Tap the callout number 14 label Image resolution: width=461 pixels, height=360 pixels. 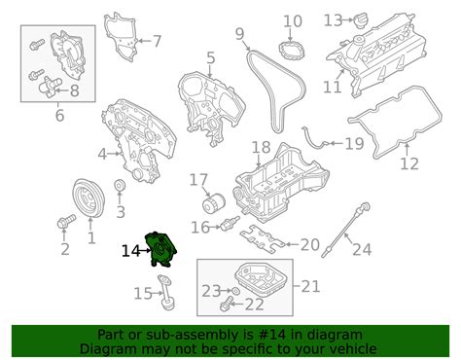[130, 251]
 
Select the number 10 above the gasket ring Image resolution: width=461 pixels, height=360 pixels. [292, 20]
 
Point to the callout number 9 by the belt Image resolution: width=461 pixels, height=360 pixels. [238, 35]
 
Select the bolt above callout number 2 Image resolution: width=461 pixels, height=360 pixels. [67, 223]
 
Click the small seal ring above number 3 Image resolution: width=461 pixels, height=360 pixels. [120, 187]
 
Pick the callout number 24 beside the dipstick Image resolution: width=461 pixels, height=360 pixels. [362, 249]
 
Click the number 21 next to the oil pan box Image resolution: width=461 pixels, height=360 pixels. [311, 285]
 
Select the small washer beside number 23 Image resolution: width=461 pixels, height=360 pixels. [234, 291]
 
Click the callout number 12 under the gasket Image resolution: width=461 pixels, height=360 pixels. [408, 163]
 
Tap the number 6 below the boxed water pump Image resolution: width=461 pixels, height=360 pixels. [59, 116]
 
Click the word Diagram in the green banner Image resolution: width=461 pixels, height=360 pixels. [107, 348]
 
